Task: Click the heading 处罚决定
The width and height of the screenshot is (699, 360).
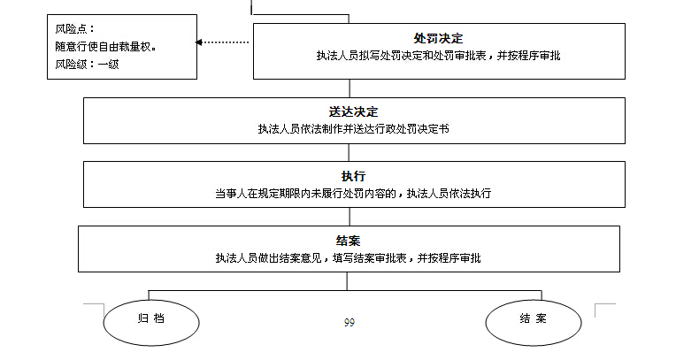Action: pyautogui.click(x=438, y=38)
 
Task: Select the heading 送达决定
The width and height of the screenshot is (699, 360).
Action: pyautogui.click(x=352, y=111)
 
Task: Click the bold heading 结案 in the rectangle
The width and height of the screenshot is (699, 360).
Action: pyautogui.click(x=349, y=241)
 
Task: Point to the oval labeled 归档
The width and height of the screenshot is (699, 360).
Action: pyautogui.click(x=150, y=317)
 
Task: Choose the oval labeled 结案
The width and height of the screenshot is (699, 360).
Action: pyautogui.click(x=534, y=317)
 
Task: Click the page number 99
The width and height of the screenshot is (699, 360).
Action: pyautogui.click(x=349, y=322)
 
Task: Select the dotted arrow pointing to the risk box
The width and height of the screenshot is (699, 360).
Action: pyautogui.click(x=225, y=42)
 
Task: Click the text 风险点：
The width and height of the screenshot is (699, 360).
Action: pyautogui.click(x=75, y=28)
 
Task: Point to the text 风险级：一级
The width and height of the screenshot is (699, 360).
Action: pyautogui.click(x=87, y=64)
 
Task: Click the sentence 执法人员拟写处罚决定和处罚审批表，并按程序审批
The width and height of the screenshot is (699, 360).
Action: pyautogui.click(x=438, y=56)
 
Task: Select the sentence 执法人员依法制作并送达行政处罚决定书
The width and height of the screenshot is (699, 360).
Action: pyautogui.click(x=352, y=128)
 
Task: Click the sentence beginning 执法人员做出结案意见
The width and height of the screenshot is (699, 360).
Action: pyautogui.click(x=349, y=258)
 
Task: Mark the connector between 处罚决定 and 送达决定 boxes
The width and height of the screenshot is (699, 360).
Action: pyautogui.click(x=350, y=88)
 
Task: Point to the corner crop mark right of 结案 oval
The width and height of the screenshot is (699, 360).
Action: pyautogui.click(x=603, y=307)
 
